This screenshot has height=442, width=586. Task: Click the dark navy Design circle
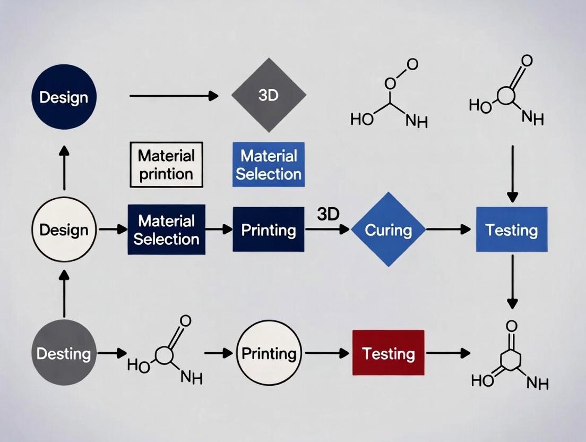(x=64, y=97)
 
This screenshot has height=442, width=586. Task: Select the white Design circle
(x=64, y=229)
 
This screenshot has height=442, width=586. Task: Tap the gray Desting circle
(x=64, y=353)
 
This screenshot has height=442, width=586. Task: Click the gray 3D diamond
(x=269, y=96)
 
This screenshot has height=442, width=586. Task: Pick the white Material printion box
(x=166, y=164)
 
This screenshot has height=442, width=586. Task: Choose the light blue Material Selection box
(x=269, y=164)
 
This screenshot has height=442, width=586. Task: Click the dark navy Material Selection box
(x=166, y=229)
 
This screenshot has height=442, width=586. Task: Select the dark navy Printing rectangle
(x=269, y=229)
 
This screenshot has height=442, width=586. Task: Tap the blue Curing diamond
(x=389, y=229)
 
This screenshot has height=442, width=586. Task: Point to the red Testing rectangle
(x=389, y=353)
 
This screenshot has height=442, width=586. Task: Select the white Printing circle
(x=269, y=353)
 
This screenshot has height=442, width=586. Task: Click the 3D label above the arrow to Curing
(x=328, y=214)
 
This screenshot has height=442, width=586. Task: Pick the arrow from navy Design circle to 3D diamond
(x=174, y=96)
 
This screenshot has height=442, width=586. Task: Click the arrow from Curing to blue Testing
(x=449, y=229)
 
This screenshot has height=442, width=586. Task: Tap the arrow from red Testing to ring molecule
(x=449, y=353)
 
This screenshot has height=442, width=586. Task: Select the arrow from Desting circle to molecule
(x=113, y=353)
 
